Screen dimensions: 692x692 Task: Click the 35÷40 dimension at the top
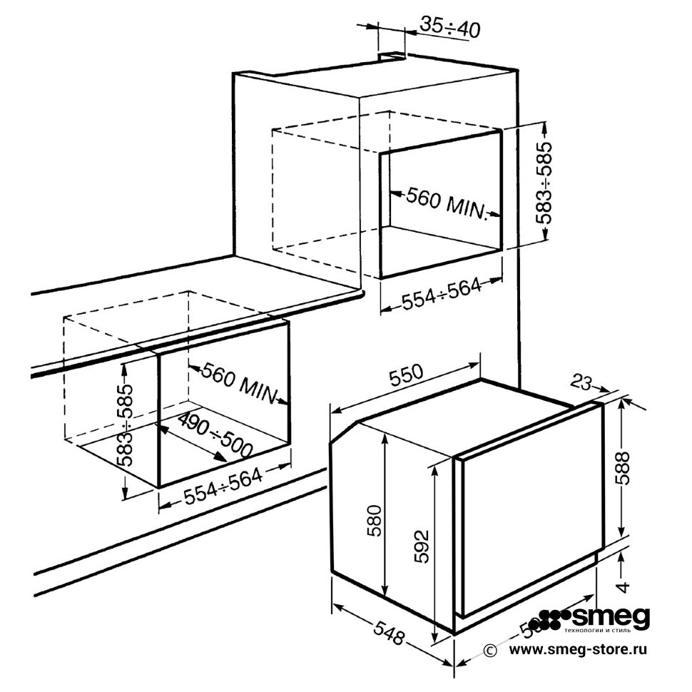pyautogui.click(x=449, y=27)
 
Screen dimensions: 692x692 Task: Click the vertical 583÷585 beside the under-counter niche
pyautogui.click(x=125, y=425)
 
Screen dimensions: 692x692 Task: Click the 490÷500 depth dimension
pyautogui.click(x=214, y=434)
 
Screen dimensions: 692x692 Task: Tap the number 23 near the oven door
pyautogui.click(x=583, y=384)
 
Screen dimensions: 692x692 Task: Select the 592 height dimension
pyautogui.click(x=422, y=546)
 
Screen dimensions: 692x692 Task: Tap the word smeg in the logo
pyautogui.click(x=614, y=617)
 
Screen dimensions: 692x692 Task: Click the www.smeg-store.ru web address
pyautogui.click(x=579, y=650)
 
